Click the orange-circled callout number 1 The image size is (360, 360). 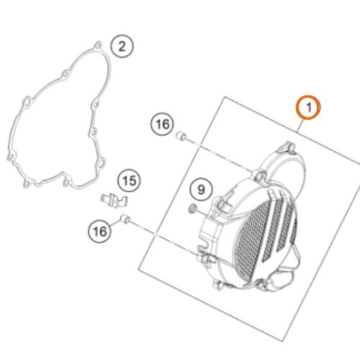(307, 107)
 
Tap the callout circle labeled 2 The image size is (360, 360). (122, 46)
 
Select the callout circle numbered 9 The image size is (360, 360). (201, 189)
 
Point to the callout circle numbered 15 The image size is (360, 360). (130, 181)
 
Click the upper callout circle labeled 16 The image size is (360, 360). (163, 124)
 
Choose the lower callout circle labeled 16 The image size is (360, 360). (99, 232)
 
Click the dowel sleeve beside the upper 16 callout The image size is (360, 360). (181, 136)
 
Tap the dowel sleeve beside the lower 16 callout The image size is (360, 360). (125, 219)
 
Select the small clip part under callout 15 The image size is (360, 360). (114, 200)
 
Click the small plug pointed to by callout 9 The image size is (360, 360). (192, 209)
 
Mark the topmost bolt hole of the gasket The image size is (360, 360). (98, 45)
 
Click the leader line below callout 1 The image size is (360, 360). (301, 125)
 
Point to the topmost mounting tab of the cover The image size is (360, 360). (287, 147)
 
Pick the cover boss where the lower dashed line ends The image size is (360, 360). (204, 259)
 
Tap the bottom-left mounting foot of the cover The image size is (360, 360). (218, 285)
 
